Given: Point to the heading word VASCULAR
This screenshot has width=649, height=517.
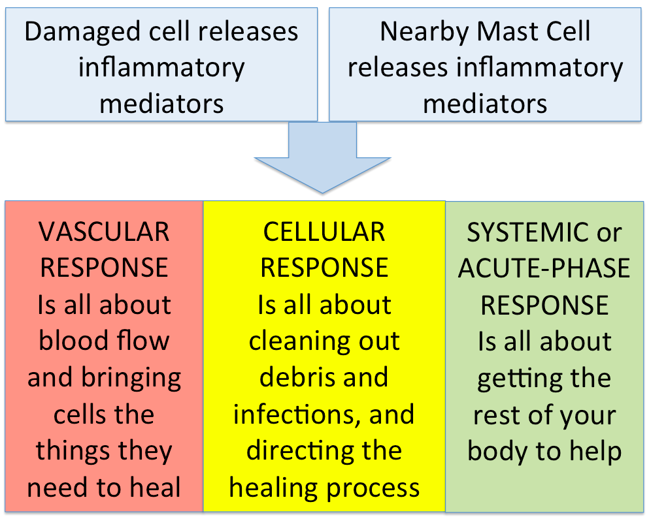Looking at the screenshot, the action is pyautogui.click(x=104, y=232).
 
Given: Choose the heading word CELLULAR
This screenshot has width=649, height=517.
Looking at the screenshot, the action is pyautogui.click(x=324, y=232).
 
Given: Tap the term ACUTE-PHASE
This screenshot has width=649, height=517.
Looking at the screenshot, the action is pyautogui.click(x=544, y=268).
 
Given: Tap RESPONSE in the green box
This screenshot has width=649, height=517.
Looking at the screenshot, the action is pyautogui.click(x=544, y=305).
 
